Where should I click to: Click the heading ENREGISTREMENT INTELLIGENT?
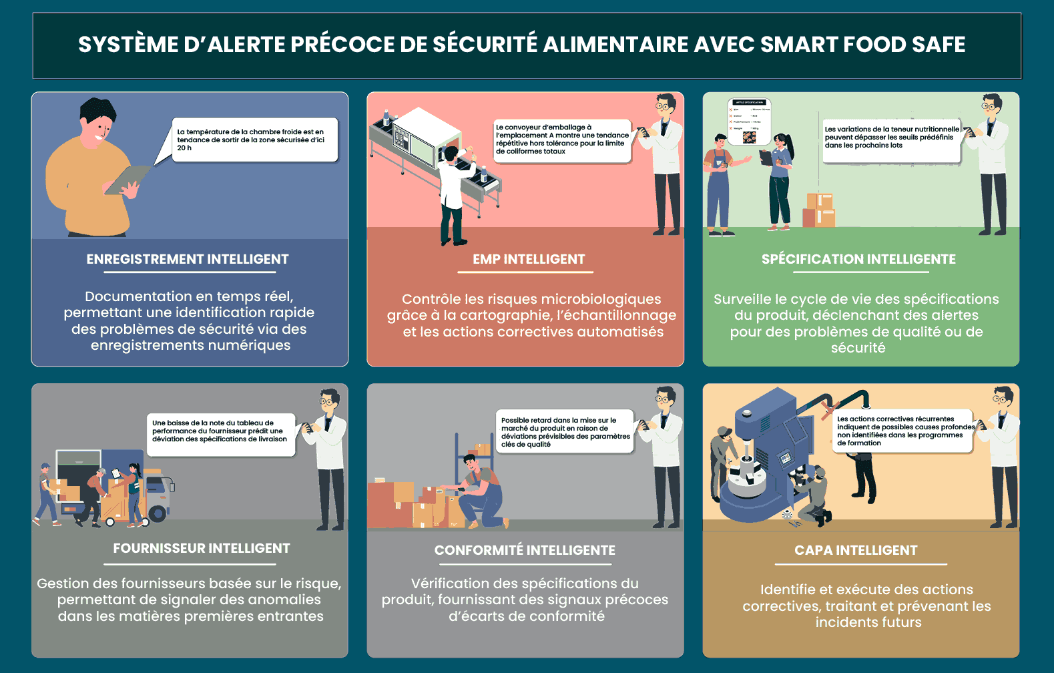(188, 259)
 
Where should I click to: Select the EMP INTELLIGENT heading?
(529, 259)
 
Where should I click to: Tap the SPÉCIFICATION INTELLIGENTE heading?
(858, 259)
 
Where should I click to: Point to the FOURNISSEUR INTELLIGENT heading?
(202, 548)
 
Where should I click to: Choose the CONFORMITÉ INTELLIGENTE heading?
(525, 550)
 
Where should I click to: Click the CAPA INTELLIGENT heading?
(856, 550)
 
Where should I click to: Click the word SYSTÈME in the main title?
(127, 45)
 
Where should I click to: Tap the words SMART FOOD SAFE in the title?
(862, 45)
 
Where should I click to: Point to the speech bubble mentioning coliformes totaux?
(562, 140)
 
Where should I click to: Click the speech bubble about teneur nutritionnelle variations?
(891, 138)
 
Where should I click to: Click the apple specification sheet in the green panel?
(749, 122)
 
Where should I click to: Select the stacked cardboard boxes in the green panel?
(819, 210)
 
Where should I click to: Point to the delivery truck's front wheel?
(158, 513)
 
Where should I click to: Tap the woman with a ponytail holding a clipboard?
(780, 180)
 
